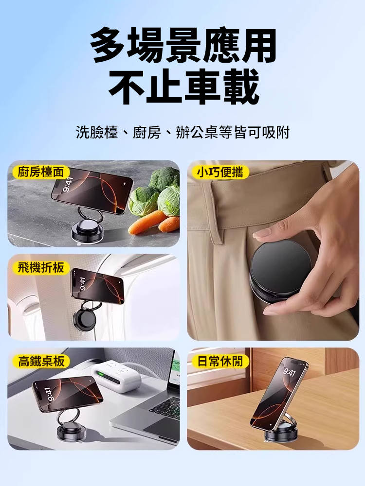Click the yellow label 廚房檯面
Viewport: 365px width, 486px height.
(41, 172)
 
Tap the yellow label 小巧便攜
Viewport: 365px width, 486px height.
(220, 172)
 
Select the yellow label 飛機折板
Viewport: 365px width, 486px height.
(41, 267)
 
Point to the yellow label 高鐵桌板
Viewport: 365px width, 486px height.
(41, 361)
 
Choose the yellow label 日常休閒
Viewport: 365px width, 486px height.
(220, 361)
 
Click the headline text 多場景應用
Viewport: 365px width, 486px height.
(183, 46)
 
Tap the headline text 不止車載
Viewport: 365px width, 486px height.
(183, 87)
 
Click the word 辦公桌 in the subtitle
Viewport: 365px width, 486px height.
(197, 133)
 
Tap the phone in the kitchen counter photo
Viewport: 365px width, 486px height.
(92, 191)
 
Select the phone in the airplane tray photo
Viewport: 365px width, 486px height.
(97, 285)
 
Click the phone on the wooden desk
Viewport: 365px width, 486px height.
(279, 396)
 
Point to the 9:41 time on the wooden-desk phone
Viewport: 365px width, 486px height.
(289, 372)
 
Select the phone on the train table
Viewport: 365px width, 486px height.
(67, 393)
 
